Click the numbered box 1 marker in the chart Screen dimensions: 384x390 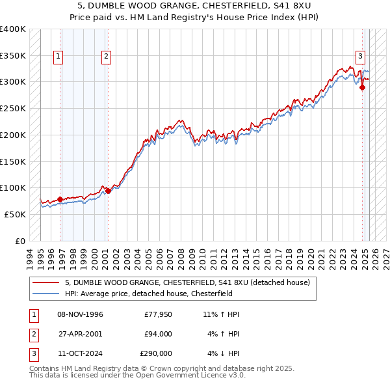(58, 57)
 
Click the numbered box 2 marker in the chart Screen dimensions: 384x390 (105, 57)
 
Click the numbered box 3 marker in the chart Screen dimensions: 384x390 (360, 57)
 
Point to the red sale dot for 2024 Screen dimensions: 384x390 (362, 88)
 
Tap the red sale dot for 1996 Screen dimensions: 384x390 (60, 199)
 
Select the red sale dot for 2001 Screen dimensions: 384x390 (108, 191)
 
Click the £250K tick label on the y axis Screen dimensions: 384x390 (13, 108)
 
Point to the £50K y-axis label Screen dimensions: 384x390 (16, 214)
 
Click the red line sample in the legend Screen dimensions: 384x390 (46, 282)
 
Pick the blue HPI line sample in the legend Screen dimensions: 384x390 (46, 294)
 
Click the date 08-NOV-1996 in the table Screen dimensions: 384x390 (80, 314)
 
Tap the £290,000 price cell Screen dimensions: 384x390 (156, 353)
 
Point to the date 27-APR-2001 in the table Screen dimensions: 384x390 (80, 334)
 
